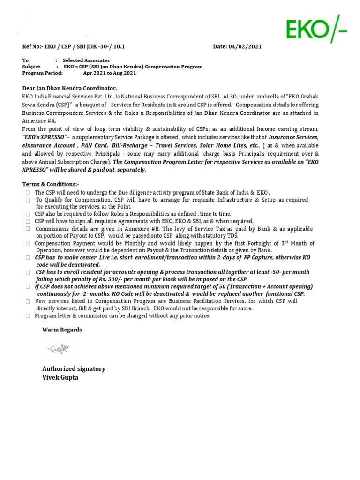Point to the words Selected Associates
click(x=86, y=60)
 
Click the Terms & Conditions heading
click(x=51, y=184)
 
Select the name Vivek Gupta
click(x=60, y=377)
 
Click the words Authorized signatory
click(x=74, y=368)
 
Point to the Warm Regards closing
click(x=62, y=330)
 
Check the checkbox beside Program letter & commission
click(x=28, y=316)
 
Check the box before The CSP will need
click(x=28, y=193)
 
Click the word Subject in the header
click(x=31, y=67)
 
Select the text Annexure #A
click(x=39, y=120)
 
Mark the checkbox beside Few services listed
click(x=28, y=301)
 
